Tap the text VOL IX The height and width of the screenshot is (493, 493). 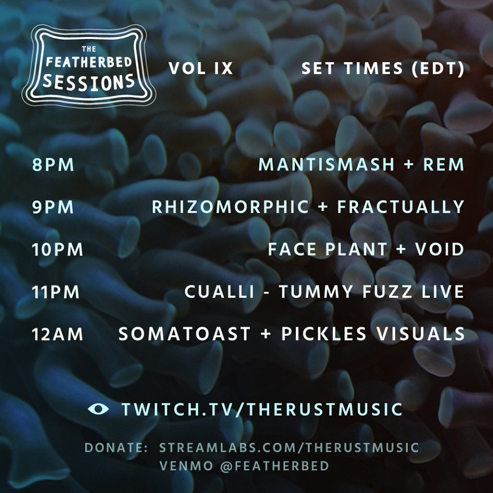[201, 68]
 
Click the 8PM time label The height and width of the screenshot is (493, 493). [53, 165]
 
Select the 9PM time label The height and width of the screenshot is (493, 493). [53, 207]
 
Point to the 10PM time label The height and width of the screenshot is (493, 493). [58, 250]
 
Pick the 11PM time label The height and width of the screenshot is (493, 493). [55, 292]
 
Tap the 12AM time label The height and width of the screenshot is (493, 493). [58, 334]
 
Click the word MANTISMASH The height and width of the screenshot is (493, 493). [327, 165]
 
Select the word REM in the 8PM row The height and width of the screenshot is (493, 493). [444, 165]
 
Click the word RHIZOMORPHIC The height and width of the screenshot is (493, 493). [231, 207]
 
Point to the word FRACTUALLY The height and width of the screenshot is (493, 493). [401, 207]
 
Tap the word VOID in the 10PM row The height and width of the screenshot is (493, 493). [440, 250]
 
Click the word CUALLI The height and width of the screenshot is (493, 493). [219, 292]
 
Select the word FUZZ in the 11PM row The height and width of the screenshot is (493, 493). [387, 292]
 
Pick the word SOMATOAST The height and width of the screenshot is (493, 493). [184, 334]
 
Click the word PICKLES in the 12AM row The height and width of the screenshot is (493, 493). [324, 334]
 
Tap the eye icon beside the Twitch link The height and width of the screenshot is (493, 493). [99, 409]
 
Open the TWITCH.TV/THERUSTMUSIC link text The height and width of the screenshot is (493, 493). [262, 409]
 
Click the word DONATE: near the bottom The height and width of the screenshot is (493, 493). [117, 448]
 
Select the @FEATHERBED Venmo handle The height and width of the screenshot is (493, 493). [274, 466]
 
